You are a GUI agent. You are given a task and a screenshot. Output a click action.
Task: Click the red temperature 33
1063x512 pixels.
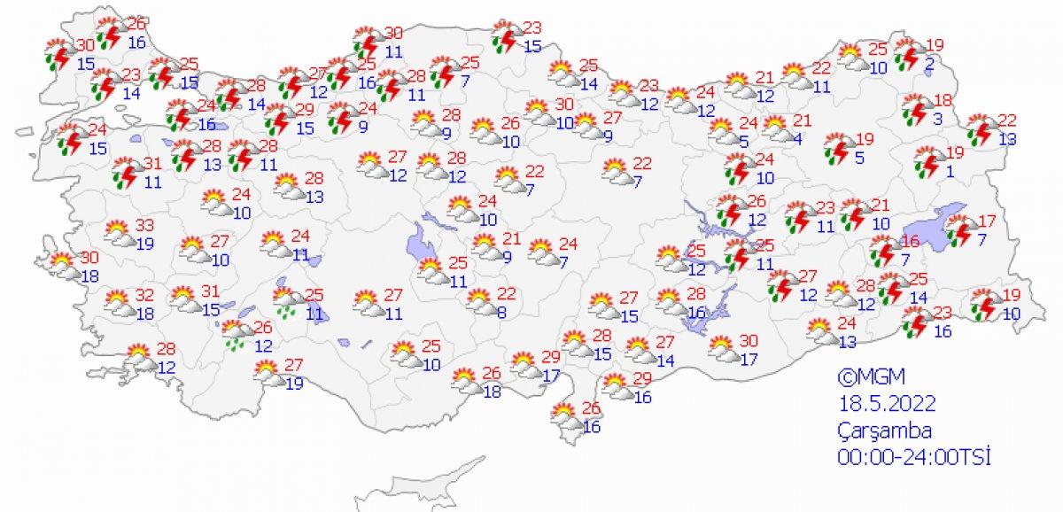(144, 226)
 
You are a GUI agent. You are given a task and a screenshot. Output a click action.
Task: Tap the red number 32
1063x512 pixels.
(144, 296)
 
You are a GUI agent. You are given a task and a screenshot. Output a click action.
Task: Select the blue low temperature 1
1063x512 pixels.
(949, 172)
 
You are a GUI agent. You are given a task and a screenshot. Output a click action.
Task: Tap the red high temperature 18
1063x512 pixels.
(942, 100)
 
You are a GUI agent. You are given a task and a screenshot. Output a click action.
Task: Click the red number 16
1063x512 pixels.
(912, 242)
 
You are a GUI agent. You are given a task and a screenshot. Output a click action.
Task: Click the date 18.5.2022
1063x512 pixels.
(887, 404)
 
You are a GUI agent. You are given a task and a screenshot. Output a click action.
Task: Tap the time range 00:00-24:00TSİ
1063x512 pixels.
(913, 457)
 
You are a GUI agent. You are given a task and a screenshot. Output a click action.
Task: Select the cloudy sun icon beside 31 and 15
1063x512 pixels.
(184, 299)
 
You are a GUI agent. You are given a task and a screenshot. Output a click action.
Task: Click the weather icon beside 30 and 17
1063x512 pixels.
(725, 348)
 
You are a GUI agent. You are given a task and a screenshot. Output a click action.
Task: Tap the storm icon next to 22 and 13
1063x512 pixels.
(980, 129)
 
